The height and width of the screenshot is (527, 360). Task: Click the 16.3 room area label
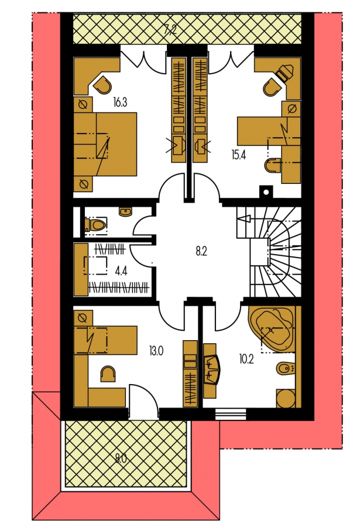120,102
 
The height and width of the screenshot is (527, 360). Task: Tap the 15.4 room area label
238,155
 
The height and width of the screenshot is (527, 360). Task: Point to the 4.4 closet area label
121,271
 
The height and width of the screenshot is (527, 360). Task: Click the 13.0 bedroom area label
156,351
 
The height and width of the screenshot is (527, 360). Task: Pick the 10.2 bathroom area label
246,360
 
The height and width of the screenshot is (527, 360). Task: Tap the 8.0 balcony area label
121,458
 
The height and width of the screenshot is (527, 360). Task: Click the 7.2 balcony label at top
170,31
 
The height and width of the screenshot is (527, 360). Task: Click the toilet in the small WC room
96,224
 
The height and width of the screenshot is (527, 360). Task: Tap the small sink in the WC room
126,212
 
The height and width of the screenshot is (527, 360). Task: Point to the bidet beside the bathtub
286,369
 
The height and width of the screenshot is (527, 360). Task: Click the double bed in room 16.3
105,144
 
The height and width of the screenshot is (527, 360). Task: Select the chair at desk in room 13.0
108,374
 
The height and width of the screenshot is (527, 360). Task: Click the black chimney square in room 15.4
266,192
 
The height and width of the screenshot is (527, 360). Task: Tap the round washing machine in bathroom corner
286,399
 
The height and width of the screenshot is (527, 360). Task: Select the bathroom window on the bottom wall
231,415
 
